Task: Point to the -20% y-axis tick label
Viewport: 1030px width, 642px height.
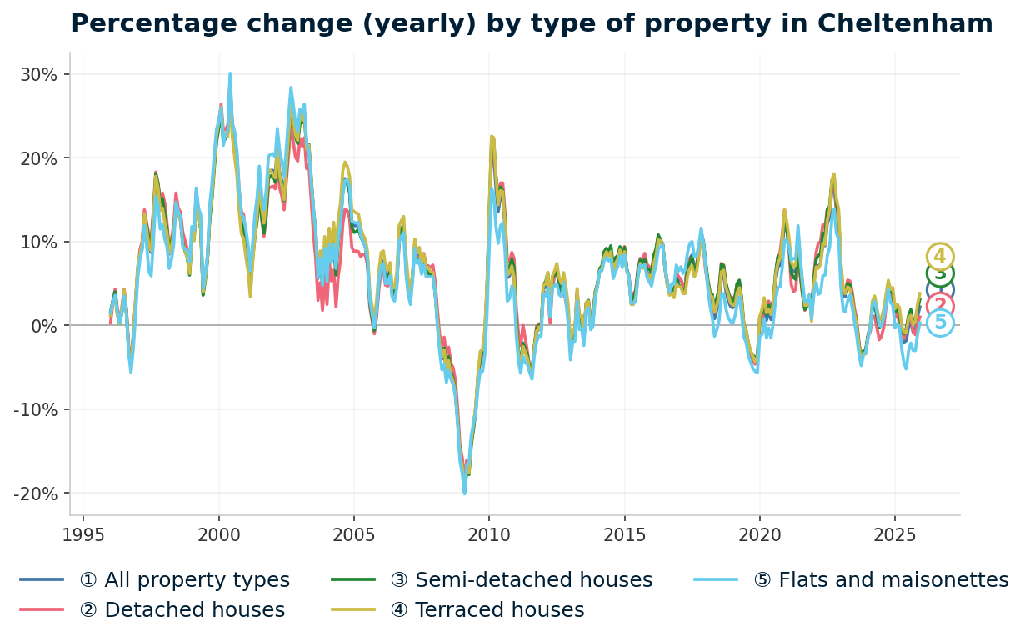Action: click(x=36, y=494)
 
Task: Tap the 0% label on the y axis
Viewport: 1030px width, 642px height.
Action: click(x=45, y=325)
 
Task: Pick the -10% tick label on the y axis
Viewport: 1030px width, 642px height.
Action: click(x=36, y=409)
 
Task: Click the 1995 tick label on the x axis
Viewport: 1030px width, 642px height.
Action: click(x=83, y=534)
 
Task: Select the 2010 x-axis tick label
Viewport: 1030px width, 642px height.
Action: click(x=489, y=534)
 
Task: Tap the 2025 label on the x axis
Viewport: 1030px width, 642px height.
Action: click(x=894, y=534)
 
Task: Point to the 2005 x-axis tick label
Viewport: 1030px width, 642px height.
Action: click(x=354, y=534)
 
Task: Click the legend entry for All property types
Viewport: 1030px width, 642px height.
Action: click(x=184, y=580)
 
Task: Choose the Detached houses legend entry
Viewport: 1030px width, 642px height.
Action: click(x=182, y=610)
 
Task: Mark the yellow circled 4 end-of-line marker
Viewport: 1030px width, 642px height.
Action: click(x=940, y=257)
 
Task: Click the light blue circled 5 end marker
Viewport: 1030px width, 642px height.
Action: click(x=940, y=323)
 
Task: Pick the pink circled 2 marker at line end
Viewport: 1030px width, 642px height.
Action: click(x=940, y=306)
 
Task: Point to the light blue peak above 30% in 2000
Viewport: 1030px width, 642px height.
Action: click(x=230, y=73)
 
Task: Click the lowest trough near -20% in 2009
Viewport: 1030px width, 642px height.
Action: click(x=464, y=494)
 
